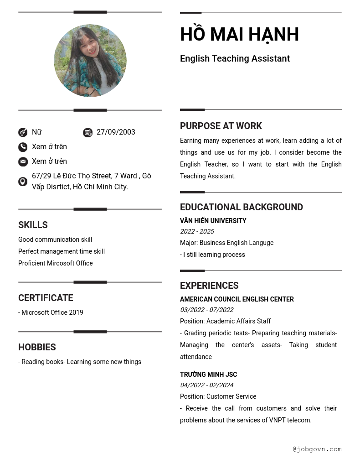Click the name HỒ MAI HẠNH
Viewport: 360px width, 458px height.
click(239, 35)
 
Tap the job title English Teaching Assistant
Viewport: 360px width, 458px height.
click(235, 58)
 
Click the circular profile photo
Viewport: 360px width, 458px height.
click(90, 61)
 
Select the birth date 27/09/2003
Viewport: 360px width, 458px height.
click(116, 132)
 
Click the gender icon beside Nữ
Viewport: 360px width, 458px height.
click(23, 132)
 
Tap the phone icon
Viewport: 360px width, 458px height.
click(23, 147)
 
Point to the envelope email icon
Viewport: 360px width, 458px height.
click(23, 161)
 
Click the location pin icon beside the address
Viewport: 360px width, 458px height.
click(23, 182)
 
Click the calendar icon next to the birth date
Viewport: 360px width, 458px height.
click(87, 132)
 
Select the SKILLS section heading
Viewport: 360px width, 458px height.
click(33, 225)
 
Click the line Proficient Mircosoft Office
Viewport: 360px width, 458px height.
click(55, 263)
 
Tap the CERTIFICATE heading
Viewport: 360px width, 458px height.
click(46, 298)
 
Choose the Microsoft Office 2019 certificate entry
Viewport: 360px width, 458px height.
click(51, 312)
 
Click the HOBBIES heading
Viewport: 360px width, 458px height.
click(37, 347)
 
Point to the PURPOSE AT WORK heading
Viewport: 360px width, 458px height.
click(221, 126)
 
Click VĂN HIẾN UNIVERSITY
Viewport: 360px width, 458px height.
click(213, 221)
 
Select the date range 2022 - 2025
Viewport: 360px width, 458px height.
click(197, 231)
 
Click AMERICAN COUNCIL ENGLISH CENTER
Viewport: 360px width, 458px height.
click(237, 299)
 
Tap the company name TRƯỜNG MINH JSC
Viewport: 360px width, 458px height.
click(208, 375)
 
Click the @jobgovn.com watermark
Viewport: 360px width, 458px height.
click(317, 449)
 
